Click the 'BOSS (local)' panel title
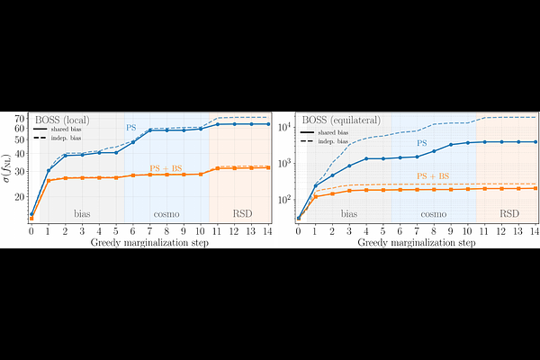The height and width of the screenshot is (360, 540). pos(64,120)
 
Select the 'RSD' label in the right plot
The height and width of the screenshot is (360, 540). pos(508,214)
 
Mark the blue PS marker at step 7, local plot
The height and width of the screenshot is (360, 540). pos(149,131)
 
